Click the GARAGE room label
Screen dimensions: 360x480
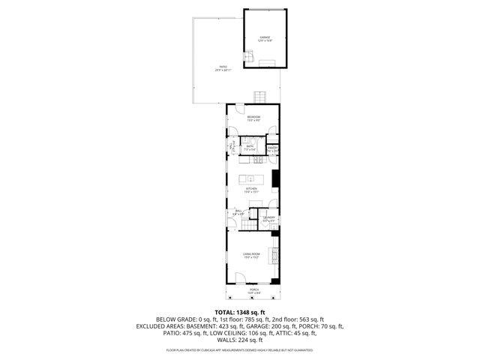pos(265,37)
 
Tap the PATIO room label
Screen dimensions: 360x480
pos(223,69)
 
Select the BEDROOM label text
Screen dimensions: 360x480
pos(254,118)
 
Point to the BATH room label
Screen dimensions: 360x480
pos(250,148)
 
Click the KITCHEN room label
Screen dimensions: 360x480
pos(251,190)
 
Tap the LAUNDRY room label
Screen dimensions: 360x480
pos(268,219)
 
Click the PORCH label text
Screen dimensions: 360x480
pos(254,290)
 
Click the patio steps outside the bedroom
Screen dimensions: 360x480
pos(259,97)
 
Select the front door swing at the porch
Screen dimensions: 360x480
pos(240,278)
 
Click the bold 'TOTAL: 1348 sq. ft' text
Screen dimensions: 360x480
pos(240,312)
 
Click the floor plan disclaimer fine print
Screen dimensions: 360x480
pos(240,349)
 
